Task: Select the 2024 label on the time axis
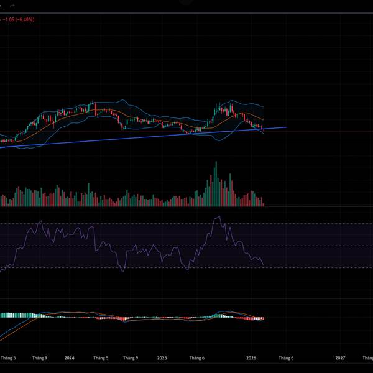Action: pyautogui.click(x=69, y=358)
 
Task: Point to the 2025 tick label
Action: pyautogui.click(x=162, y=358)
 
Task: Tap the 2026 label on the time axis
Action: pyautogui.click(x=251, y=358)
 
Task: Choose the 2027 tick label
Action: pyautogui.click(x=341, y=358)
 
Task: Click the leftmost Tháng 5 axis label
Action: pyautogui.click(x=8, y=358)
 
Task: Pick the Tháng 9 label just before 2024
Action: pyautogui.click(x=40, y=358)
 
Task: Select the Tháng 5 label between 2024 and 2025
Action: pyautogui.click(x=101, y=358)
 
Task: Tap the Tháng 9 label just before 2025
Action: pyautogui.click(x=131, y=358)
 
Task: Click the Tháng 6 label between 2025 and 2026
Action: pyautogui.click(x=196, y=358)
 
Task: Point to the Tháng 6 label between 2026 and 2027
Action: pyautogui.click(x=285, y=358)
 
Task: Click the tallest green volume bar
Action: pyautogui.click(x=216, y=183)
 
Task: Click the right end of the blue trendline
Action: pyautogui.click(x=286, y=127)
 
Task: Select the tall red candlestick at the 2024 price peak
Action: pyautogui.click(x=96, y=109)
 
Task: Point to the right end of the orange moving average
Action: pyautogui.click(x=264, y=120)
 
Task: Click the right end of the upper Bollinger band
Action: pyautogui.click(x=264, y=106)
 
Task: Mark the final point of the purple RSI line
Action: pyautogui.click(x=264, y=265)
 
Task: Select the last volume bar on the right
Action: pyautogui.click(x=264, y=204)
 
